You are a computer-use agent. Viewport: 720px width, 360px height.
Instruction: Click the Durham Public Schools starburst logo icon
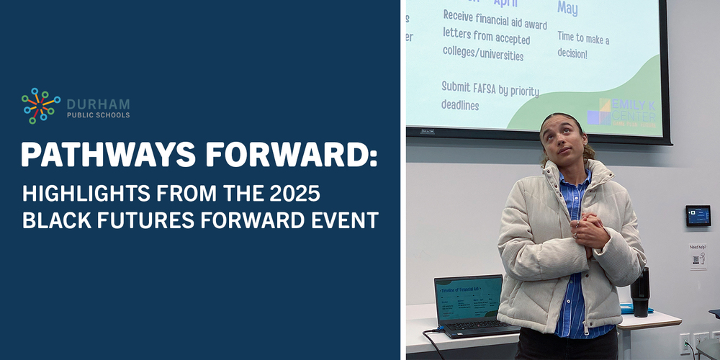[40, 106]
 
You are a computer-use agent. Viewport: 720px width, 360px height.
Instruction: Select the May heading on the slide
[567, 8]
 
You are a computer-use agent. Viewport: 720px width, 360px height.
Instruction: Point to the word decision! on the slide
[572, 53]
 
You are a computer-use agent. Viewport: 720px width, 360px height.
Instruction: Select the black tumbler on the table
[639, 292]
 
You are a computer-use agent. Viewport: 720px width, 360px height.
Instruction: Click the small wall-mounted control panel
[697, 215]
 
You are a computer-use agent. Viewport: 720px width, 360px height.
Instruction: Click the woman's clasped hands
[590, 233]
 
